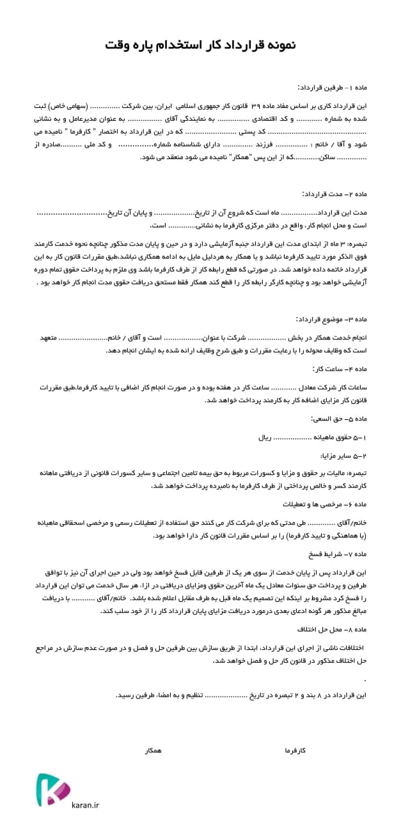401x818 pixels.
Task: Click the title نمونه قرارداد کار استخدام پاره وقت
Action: point(200,45)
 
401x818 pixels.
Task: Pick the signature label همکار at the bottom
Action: point(153,750)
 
